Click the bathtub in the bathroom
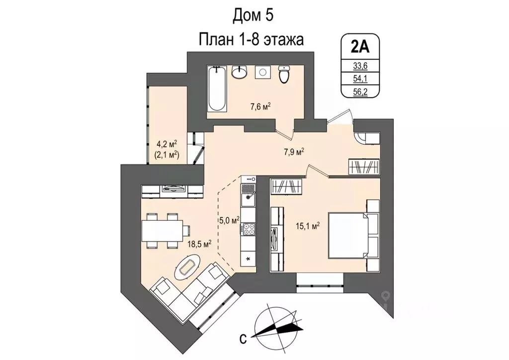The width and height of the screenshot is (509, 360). click(216, 90)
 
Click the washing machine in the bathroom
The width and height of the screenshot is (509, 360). click(262, 73)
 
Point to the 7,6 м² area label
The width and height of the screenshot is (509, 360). click(260, 106)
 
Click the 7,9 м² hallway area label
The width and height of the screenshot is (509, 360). click(294, 152)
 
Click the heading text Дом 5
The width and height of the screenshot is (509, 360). click(253, 16)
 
